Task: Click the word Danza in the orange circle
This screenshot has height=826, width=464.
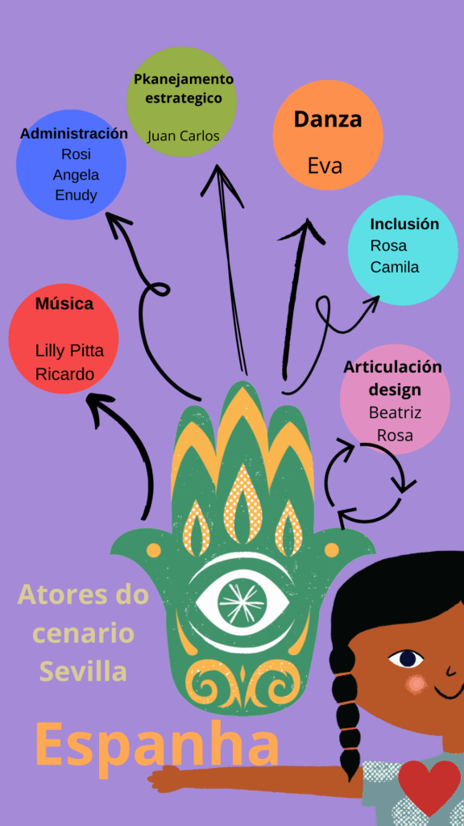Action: click(x=328, y=119)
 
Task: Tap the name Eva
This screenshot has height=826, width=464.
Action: click(x=325, y=166)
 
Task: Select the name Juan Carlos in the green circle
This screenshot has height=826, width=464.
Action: click(x=183, y=136)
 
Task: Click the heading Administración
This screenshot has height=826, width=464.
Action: click(x=73, y=133)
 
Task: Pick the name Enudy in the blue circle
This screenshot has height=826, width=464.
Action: click(x=77, y=195)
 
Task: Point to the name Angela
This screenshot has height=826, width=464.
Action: click(x=77, y=175)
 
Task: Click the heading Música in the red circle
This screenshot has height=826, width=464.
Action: click(x=64, y=304)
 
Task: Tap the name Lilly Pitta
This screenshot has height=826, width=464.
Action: click(x=69, y=350)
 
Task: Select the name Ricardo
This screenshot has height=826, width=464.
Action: click(x=64, y=374)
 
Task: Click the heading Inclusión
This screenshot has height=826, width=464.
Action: click(x=404, y=224)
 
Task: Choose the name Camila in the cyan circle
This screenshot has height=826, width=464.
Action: click(x=395, y=267)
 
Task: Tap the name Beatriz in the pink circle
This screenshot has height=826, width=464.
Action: click(x=395, y=412)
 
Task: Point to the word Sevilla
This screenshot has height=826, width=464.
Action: click(x=83, y=671)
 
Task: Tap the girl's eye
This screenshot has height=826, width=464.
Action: click(x=406, y=658)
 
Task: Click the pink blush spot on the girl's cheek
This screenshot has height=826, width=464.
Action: click(x=416, y=684)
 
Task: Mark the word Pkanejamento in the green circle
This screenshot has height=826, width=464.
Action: click(x=183, y=80)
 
